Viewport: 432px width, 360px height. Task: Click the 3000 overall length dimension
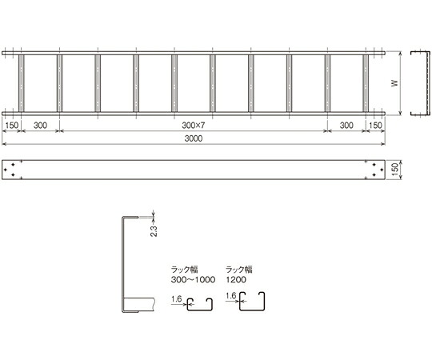tap(194, 138)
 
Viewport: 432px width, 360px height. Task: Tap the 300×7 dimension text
tap(194, 126)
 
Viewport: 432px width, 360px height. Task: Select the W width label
tap(395, 83)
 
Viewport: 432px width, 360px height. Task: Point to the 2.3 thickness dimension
tap(154, 231)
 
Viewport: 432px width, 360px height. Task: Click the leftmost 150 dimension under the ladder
tap(12, 126)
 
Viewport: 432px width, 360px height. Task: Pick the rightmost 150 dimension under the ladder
tap(375, 126)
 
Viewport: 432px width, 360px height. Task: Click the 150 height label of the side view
tap(395, 170)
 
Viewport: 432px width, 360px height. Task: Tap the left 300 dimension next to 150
tap(40, 126)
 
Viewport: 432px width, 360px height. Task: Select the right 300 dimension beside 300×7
tap(346, 126)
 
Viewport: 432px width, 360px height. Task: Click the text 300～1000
tap(193, 279)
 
